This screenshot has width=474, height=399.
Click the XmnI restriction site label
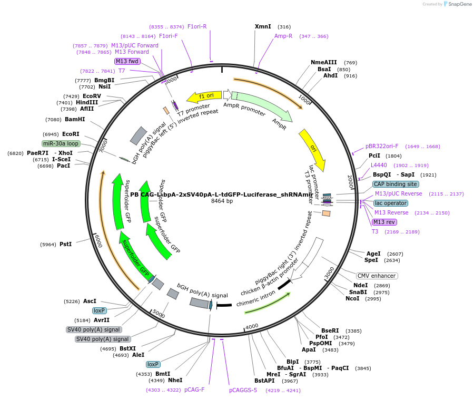263,26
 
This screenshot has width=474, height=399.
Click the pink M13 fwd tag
127,61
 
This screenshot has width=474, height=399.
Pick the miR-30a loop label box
61,143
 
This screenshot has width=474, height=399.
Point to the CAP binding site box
396,184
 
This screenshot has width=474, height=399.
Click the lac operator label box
391,203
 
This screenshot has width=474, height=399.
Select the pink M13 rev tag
384,222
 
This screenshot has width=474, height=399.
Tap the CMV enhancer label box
377,276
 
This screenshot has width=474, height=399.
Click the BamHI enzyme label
75,119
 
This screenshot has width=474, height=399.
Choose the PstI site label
65,244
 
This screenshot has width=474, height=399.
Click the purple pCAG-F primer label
194,390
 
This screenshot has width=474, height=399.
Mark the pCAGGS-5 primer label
243,390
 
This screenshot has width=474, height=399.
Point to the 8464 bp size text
222,201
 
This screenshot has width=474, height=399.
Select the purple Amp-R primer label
283,36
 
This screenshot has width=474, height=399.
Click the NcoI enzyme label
352,298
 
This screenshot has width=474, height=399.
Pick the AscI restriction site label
90,301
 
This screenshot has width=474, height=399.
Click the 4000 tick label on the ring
252,326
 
